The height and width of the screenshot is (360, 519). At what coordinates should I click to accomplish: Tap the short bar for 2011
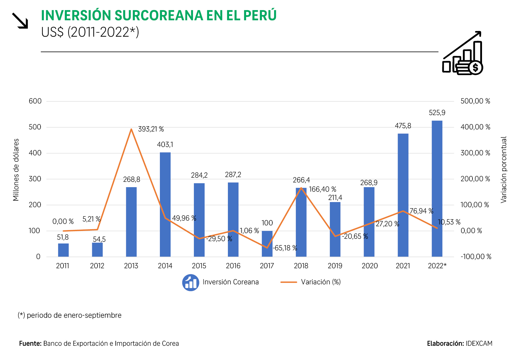pyautogui.click(x=63, y=250)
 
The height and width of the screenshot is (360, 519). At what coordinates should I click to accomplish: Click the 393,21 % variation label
pyautogui.click(x=151, y=129)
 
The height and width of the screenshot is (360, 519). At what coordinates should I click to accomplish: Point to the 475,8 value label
pyautogui.click(x=403, y=126)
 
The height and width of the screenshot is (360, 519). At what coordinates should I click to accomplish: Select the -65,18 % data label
pyautogui.click(x=285, y=248)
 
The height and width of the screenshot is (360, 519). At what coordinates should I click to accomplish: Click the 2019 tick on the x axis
pyautogui.click(x=335, y=266)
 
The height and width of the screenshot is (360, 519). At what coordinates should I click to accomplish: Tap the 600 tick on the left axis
pyautogui.click(x=35, y=101)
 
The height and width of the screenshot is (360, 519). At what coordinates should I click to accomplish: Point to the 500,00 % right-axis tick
pyautogui.click(x=475, y=101)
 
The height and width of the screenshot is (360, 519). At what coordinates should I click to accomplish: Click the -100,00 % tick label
pyautogui.click(x=476, y=257)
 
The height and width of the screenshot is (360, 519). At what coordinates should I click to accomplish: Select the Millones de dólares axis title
pyautogui.click(x=16, y=170)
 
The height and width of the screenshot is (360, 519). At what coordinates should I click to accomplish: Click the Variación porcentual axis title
pyautogui.click(x=503, y=170)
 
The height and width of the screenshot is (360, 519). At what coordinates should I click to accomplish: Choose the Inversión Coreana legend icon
pyautogui.click(x=191, y=283)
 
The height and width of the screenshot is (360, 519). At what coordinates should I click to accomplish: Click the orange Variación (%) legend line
pyautogui.click(x=288, y=282)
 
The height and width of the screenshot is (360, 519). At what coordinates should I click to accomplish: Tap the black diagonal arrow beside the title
pyautogui.click(x=20, y=21)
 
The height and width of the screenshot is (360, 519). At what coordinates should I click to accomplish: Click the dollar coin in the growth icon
pyautogui.click(x=475, y=68)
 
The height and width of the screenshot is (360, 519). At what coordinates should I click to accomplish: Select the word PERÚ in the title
pyautogui.click(x=260, y=15)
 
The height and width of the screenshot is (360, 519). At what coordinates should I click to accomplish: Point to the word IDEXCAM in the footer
pyautogui.click(x=479, y=343)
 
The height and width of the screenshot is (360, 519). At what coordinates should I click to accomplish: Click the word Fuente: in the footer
pyautogui.click(x=30, y=343)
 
